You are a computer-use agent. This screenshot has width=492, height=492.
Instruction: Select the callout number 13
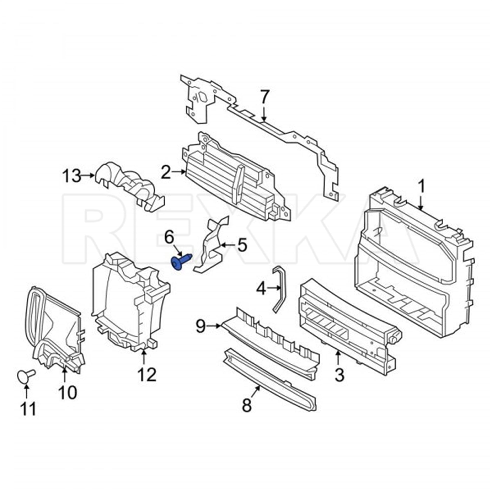pos(72,176)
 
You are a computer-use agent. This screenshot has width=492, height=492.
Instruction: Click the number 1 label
pos(422,187)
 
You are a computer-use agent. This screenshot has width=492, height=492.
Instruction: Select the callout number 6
pos(169,238)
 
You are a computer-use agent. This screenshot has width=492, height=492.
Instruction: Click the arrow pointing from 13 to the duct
pos(88,175)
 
